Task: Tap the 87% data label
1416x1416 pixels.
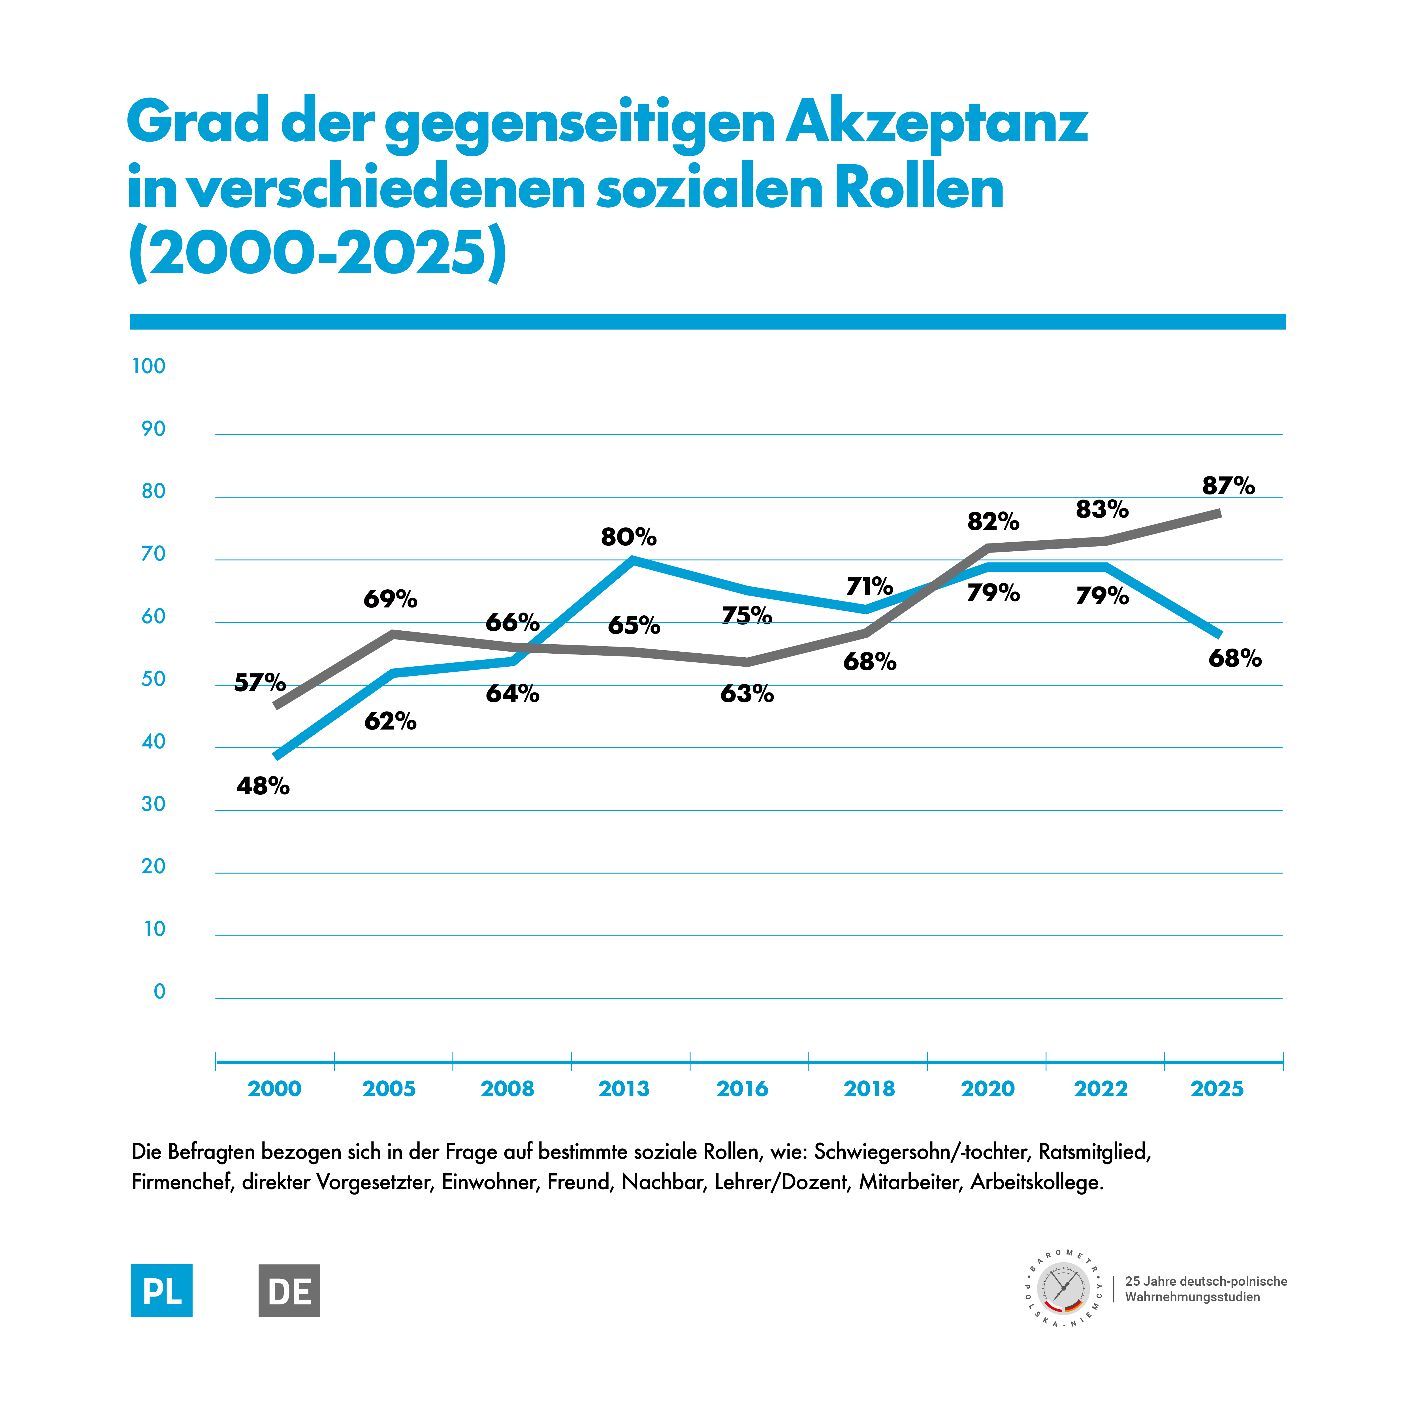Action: [1228, 486]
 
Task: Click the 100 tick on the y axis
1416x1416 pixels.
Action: [149, 366]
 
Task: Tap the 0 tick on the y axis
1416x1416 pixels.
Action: [159, 992]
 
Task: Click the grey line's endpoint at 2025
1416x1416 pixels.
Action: [1219, 513]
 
